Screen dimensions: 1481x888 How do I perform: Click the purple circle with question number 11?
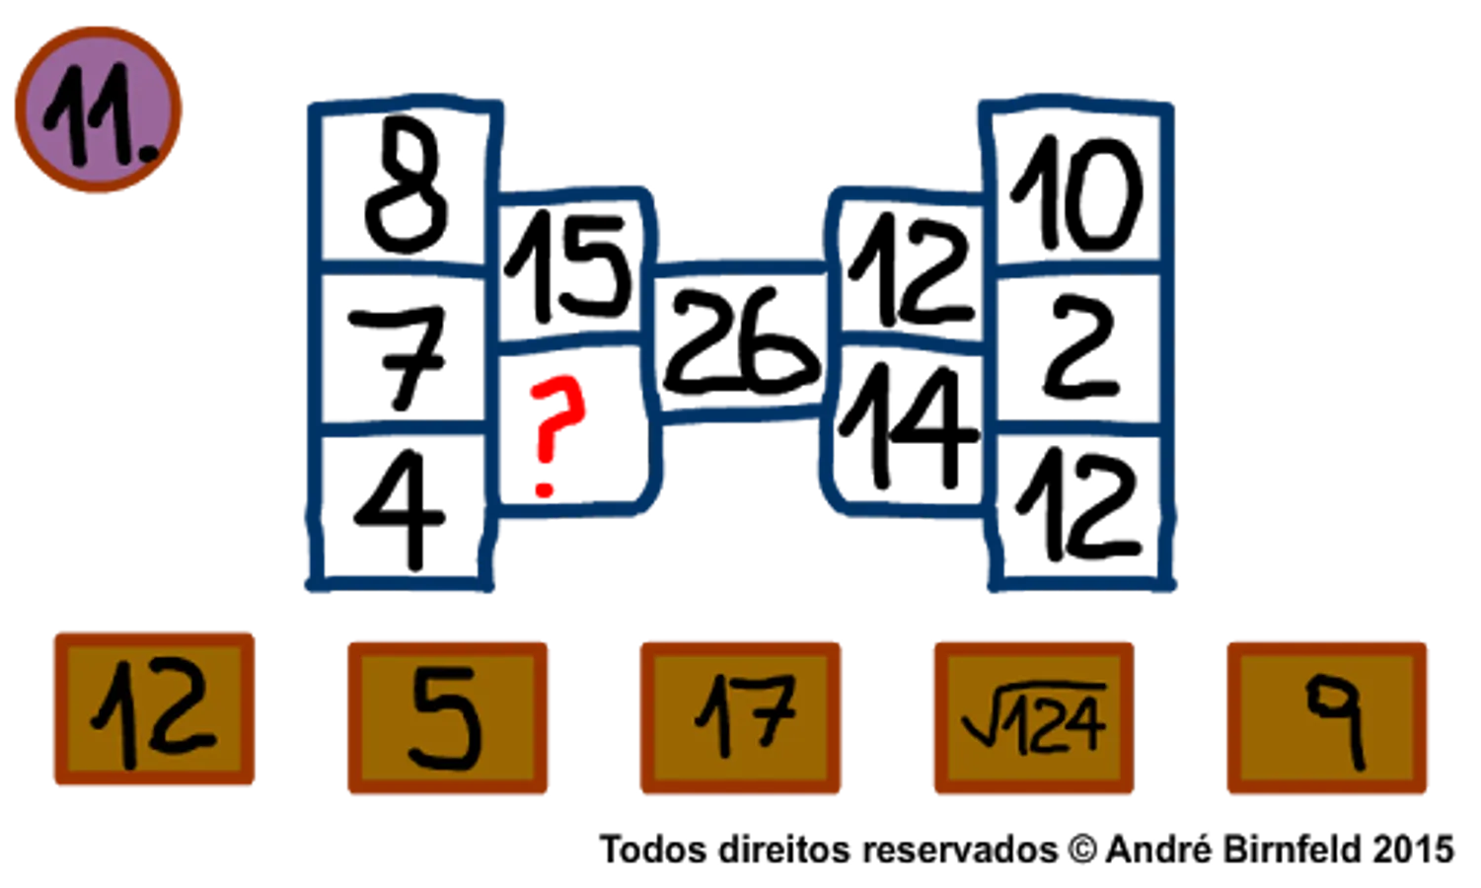(x=98, y=110)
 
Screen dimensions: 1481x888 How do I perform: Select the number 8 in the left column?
(x=406, y=185)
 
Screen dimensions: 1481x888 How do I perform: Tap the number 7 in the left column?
(x=398, y=357)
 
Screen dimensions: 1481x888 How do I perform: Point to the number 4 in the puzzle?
(x=400, y=509)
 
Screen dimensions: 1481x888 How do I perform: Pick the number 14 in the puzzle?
(x=909, y=426)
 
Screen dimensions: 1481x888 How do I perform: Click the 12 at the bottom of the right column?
(x=1077, y=505)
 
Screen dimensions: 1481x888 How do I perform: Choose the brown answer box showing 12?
(x=154, y=709)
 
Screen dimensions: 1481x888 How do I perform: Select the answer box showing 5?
(x=448, y=717)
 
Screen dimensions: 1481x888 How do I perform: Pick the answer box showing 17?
(x=740, y=717)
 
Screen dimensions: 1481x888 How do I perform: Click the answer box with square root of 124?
(x=1034, y=717)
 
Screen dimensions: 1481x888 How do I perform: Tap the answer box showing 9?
(x=1327, y=717)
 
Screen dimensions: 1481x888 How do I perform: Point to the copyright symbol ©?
(x=1082, y=850)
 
